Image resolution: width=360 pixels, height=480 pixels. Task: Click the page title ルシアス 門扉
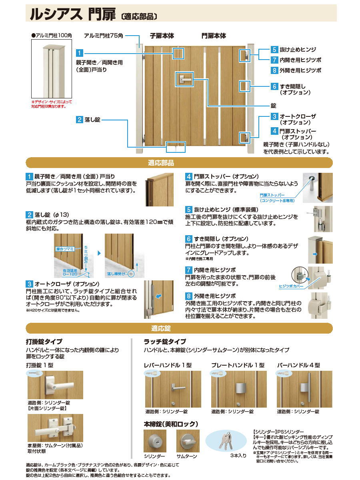[x=72, y=14]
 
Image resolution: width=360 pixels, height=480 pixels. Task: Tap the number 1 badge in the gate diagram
[x=79, y=53]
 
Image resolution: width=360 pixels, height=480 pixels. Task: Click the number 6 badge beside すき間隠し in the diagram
[x=274, y=86]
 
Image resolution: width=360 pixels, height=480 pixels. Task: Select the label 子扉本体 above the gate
[x=162, y=36]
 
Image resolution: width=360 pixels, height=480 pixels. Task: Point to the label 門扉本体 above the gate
[x=214, y=36]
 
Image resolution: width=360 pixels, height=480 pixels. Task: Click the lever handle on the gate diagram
[x=184, y=79]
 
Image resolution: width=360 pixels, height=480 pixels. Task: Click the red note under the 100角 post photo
[x=51, y=104]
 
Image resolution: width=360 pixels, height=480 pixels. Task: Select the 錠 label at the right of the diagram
[x=274, y=106]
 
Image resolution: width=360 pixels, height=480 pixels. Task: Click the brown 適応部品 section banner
[x=179, y=163]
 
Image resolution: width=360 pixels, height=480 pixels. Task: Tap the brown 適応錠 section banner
[x=179, y=328]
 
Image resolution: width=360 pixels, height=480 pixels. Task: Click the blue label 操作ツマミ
[x=65, y=249]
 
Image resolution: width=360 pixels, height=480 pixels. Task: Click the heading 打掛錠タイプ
[x=44, y=342]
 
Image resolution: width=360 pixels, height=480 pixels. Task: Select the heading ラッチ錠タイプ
[x=164, y=342]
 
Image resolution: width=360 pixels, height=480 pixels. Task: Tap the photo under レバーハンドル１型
[x=173, y=389]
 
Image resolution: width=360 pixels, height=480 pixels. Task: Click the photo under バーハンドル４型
[x=304, y=389]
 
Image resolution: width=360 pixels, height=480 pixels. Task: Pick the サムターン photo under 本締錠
[x=188, y=441]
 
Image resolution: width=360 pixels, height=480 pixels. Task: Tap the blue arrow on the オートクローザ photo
[x=159, y=296]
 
